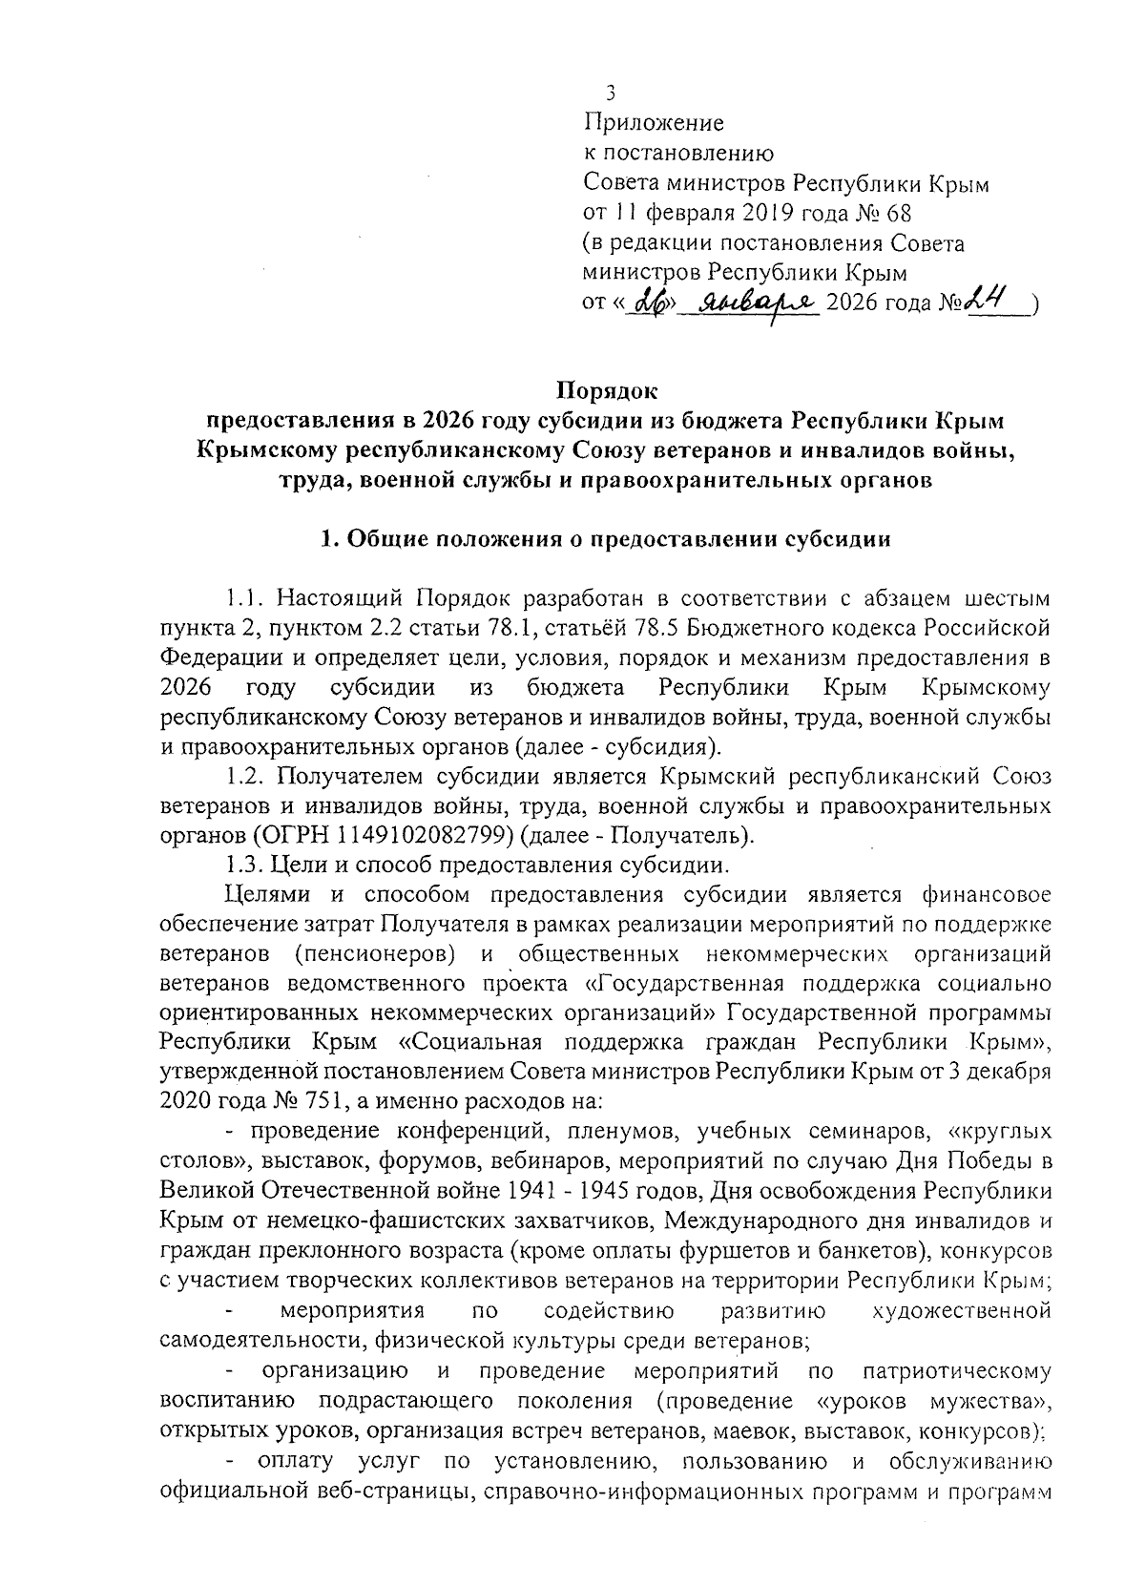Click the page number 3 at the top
click(610, 94)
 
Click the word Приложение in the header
click(654, 123)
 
